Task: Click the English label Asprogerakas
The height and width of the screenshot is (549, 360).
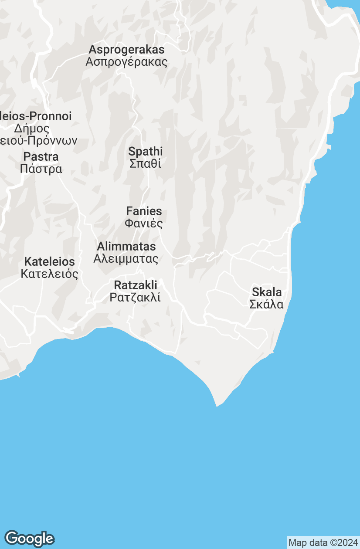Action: pos(126,49)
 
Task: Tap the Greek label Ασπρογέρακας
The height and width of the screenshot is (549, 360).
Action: pos(126,61)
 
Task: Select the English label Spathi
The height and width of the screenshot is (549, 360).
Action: pos(146,152)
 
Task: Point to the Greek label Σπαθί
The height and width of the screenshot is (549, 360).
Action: pos(146,164)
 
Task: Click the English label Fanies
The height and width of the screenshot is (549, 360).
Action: pos(144,211)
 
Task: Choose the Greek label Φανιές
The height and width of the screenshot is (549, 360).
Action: pos(144,224)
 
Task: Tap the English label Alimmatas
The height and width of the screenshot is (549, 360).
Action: pos(126,247)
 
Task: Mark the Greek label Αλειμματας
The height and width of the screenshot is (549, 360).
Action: pos(126,259)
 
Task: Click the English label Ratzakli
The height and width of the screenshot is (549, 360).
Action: pos(135,285)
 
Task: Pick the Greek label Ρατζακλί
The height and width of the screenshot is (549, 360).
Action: pos(135,298)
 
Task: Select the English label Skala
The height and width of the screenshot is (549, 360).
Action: pos(267,292)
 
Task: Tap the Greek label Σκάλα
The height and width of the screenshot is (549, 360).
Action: pos(267,304)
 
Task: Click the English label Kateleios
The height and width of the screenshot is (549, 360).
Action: pos(49,262)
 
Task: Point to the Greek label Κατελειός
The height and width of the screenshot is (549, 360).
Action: pos(49,274)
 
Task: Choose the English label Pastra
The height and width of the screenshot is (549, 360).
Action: pos(41,156)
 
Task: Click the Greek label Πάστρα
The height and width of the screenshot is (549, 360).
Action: pos(41,169)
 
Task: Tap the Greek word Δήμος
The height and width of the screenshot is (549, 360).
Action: pos(32,129)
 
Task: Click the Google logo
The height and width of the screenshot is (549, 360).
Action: pos(29,539)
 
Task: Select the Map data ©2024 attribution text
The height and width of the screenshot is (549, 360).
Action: pos(323,543)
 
